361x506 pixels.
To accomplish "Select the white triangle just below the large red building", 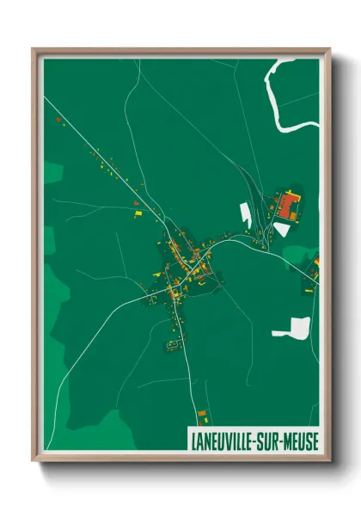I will coord(282,228).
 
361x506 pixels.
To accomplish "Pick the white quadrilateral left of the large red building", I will coord(246,215).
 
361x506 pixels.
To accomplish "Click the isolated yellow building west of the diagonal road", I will coord(136,209).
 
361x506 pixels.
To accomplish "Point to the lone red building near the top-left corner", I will coord(58,120).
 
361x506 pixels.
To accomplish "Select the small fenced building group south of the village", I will coord(171,343).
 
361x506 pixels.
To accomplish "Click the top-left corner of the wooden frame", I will coord(34,51).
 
